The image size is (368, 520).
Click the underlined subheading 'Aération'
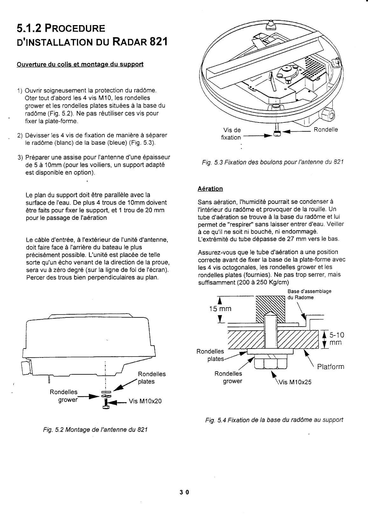coord(210,189)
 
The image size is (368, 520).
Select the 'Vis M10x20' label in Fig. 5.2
coord(145,401)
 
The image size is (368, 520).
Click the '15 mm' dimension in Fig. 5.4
coord(220,309)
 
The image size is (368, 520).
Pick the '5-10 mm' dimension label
coord(337,338)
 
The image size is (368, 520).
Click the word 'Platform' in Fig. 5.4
coord(330,367)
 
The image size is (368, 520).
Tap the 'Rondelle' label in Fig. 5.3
coord(326,129)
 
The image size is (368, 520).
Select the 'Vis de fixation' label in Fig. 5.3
coord(231,134)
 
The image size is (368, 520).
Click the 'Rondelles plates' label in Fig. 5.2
coord(152,378)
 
